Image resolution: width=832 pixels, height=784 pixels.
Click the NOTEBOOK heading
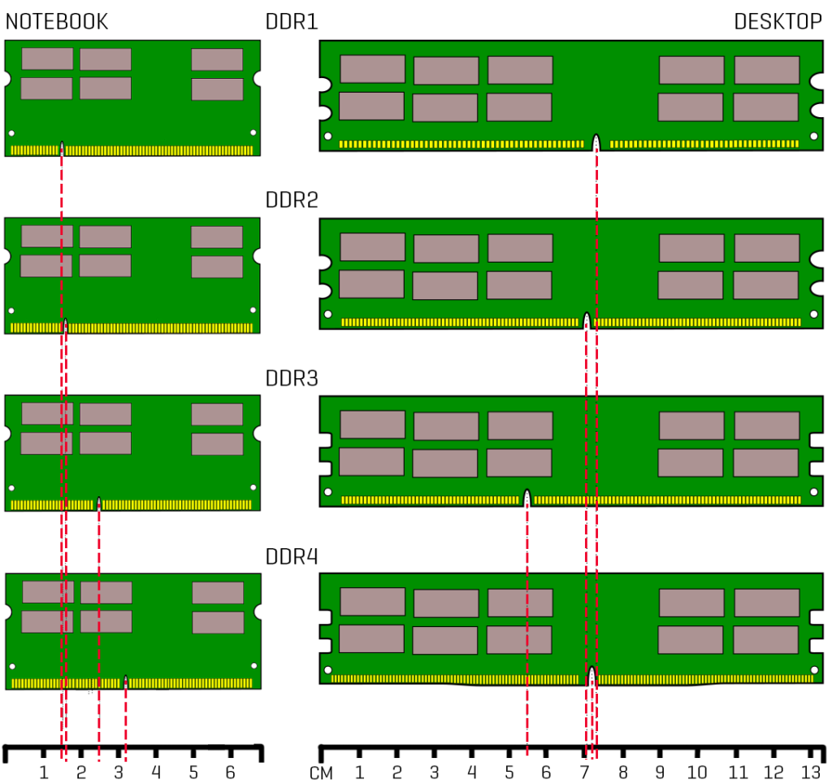pos(57,22)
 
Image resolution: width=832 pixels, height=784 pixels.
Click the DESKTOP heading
pos(778,22)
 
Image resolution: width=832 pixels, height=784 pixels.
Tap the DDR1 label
pos(291,22)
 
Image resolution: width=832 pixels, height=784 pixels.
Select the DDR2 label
pos(291,200)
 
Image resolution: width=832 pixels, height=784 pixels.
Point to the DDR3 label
pos(291,378)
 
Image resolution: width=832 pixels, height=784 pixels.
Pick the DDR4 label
pos(291,557)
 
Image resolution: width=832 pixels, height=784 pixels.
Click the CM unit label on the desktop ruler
pos(322,773)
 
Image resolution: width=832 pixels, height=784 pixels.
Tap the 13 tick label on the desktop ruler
pos(811,772)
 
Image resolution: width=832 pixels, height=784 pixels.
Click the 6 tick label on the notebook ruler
pos(230,772)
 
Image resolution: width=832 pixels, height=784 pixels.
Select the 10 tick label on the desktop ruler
pos(697,772)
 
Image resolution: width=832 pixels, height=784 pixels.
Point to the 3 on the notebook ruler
pos(119,772)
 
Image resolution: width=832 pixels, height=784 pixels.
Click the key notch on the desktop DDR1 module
pos(596,142)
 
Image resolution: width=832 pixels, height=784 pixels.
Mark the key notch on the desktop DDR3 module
pos(527,497)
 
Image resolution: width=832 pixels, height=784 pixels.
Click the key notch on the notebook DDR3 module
pos(98,503)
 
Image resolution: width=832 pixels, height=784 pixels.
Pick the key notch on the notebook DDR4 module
pos(125,681)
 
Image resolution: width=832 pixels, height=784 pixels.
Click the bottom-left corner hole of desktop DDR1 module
pos(327,137)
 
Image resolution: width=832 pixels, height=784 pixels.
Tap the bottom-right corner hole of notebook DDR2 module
pos(253,310)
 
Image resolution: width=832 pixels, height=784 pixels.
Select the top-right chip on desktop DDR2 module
pos(766,248)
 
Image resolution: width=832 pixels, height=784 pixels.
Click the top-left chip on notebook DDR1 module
pos(47,59)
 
